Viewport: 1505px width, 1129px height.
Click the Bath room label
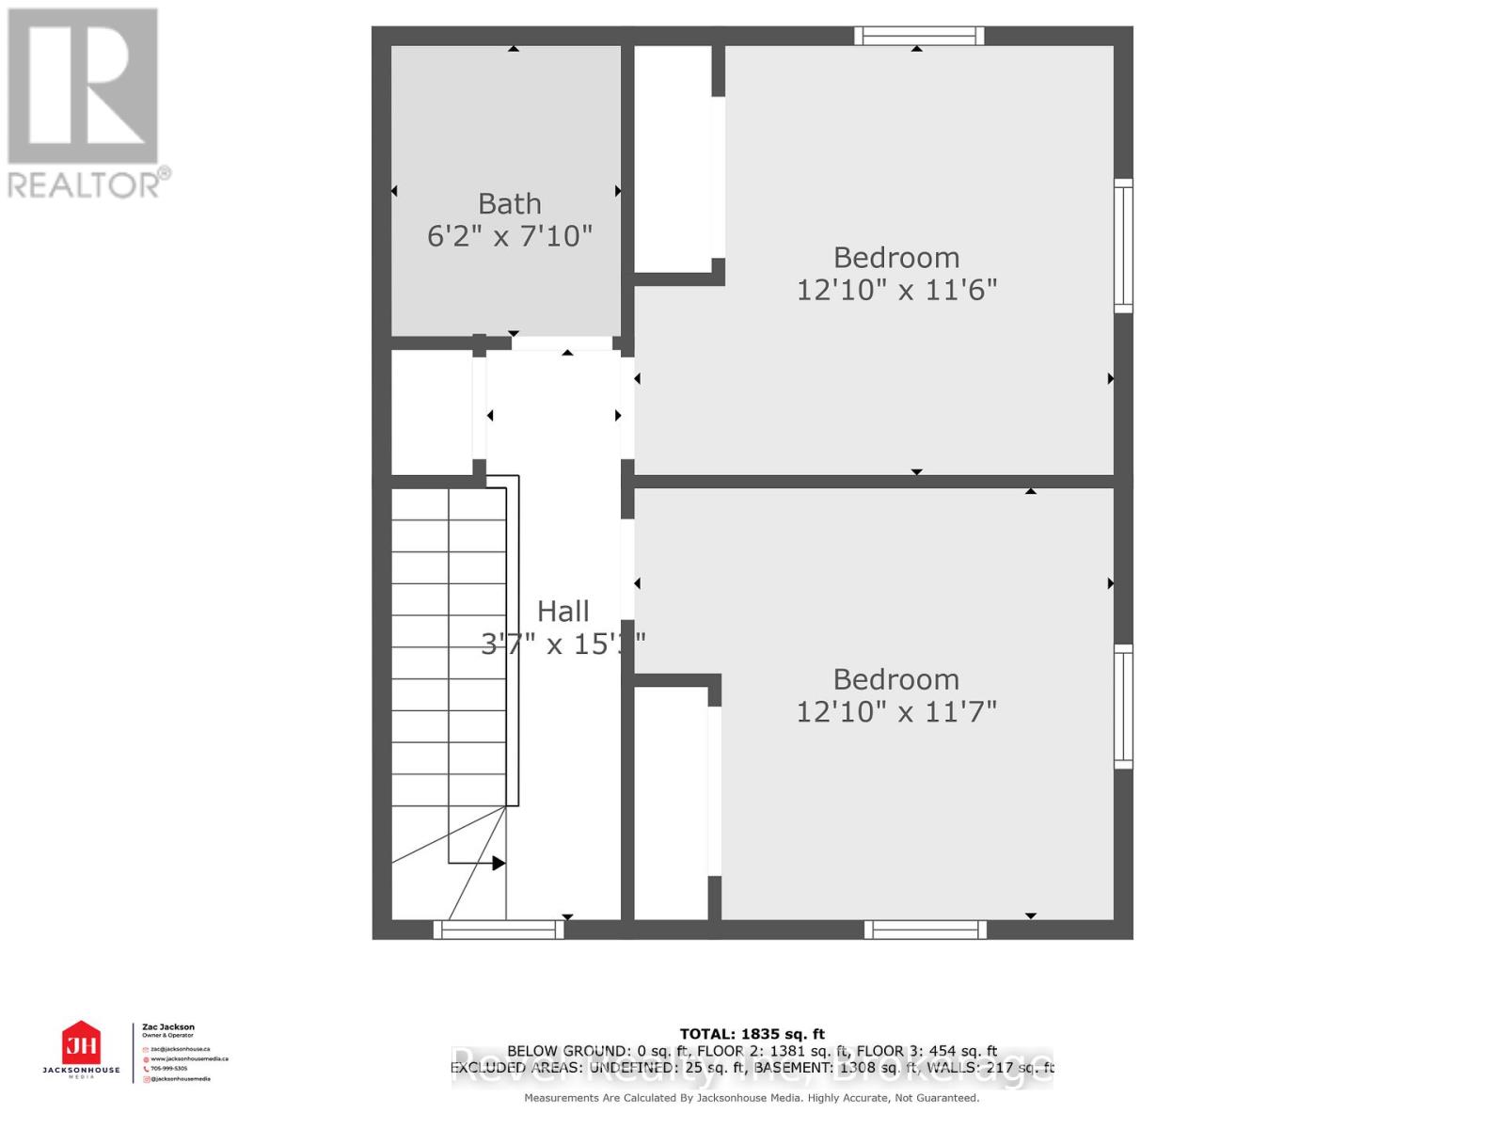point(509,203)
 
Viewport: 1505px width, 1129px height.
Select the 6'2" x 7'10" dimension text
point(509,235)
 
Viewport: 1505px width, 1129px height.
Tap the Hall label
point(562,612)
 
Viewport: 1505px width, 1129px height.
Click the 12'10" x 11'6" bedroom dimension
point(896,289)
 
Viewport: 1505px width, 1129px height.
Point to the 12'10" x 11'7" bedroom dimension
point(896,711)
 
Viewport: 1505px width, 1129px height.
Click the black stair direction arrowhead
point(499,863)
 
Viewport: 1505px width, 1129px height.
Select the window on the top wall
point(919,36)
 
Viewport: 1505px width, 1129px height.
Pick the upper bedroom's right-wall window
point(1123,246)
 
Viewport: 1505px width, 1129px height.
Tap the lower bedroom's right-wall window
point(1123,706)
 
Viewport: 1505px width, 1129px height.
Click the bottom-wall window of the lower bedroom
point(926,930)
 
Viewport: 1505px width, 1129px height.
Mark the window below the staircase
point(499,930)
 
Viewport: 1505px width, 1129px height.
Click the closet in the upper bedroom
point(673,160)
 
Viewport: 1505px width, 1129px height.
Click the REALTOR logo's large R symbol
point(83,86)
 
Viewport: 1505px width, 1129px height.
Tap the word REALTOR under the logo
point(85,183)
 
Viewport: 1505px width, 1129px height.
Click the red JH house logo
point(81,1043)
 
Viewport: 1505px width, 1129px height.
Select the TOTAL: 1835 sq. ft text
point(752,1034)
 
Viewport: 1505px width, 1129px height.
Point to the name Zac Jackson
point(168,1027)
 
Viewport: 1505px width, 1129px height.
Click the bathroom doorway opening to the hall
point(562,343)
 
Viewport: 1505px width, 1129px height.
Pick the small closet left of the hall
point(432,412)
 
